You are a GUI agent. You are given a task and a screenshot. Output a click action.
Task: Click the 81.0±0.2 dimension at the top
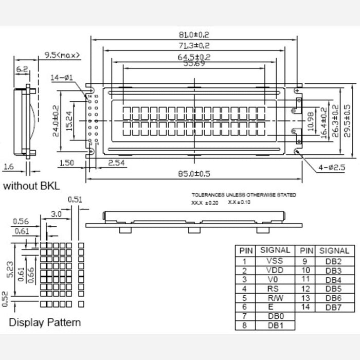pyautogui.click(x=194, y=35)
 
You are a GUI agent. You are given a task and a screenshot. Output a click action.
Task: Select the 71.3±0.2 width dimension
pyautogui.click(x=194, y=46)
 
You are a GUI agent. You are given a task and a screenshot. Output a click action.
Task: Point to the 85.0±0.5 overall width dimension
pyautogui.click(x=194, y=173)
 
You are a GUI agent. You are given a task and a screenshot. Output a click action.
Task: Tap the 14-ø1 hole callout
pyautogui.click(x=62, y=78)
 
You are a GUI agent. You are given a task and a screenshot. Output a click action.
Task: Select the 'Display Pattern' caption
pyautogui.click(x=45, y=322)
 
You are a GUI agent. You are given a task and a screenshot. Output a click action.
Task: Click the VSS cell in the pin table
pyautogui.click(x=275, y=261)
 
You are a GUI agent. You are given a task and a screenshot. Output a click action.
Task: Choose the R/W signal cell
pyautogui.click(x=275, y=297)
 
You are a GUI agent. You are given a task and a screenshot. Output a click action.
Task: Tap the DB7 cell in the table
pyautogui.click(x=334, y=307)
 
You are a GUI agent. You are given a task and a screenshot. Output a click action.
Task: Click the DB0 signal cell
pyautogui.click(x=275, y=316)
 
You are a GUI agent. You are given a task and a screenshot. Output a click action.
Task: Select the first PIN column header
pyautogui.click(x=246, y=250)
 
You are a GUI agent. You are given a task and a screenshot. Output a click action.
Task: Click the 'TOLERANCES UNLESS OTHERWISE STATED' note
pyautogui.click(x=244, y=195)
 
